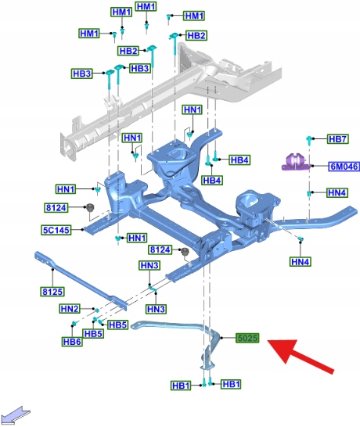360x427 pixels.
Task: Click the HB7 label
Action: tap(337, 139)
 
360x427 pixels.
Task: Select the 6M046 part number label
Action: tap(344, 166)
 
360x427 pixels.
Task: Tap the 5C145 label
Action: tap(56, 230)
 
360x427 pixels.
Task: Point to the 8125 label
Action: tap(52, 292)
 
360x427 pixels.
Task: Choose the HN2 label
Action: tap(70, 309)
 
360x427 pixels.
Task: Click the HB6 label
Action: tap(72, 342)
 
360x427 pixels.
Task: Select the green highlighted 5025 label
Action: tap(247, 338)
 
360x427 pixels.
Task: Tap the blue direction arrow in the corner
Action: tap(16, 414)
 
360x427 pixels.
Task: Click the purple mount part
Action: tap(295, 162)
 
